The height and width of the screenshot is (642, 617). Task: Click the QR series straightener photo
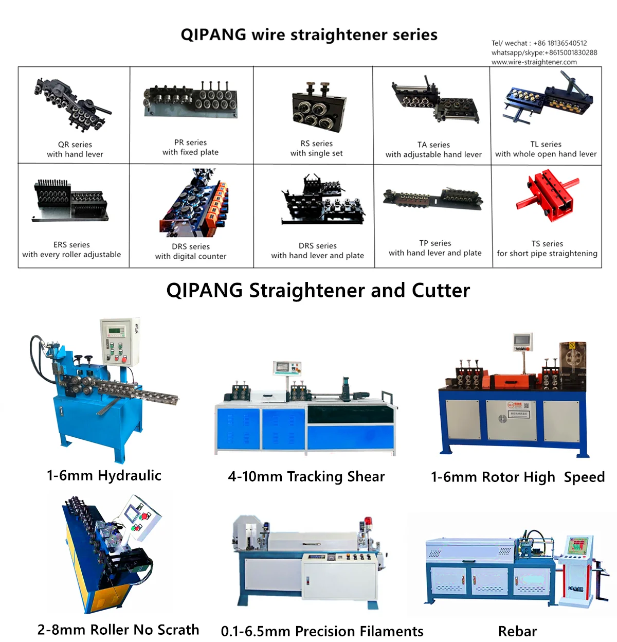tap(72, 104)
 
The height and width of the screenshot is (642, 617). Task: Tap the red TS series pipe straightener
tap(547, 195)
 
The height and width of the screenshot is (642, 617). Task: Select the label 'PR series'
tap(190, 142)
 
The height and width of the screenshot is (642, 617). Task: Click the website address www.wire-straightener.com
tap(534, 62)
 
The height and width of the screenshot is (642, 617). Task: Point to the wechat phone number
tap(560, 43)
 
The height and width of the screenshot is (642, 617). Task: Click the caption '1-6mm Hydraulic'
tap(104, 475)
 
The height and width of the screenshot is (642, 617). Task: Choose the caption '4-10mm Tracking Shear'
tap(306, 476)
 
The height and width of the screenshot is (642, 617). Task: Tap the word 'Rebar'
tap(517, 631)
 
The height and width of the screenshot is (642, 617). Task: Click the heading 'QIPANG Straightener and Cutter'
tap(318, 291)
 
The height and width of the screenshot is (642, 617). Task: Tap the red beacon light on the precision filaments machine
tap(368, 523)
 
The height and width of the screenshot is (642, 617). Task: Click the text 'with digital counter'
tap(191, 256)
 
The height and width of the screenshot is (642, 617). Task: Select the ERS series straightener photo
tap(70, 201)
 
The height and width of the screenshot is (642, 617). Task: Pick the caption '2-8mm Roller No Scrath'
tap(118, 630)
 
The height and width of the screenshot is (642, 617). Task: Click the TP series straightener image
tap(433, 198)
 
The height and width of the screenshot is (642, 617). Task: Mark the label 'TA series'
tap(433, 145)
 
